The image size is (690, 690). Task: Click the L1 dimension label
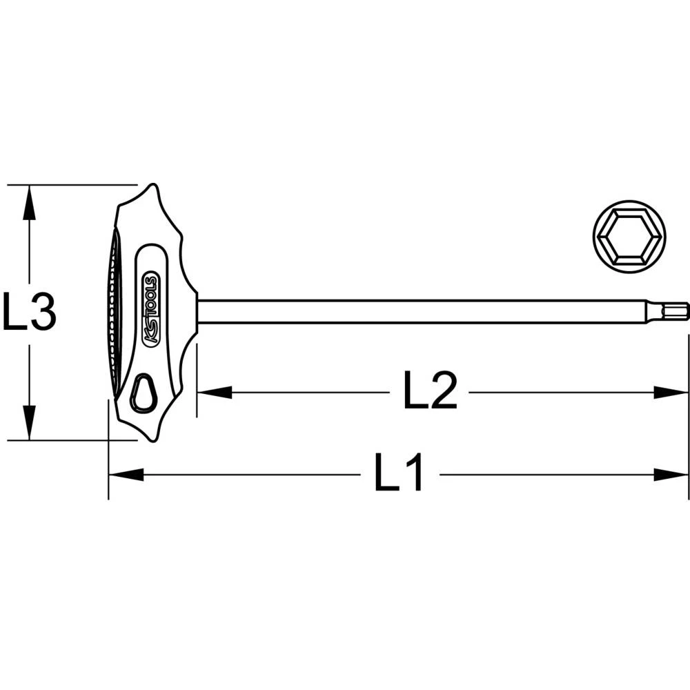399,473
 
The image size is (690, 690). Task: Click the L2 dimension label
429,392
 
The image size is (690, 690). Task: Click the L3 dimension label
28,313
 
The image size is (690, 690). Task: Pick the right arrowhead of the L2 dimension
672,393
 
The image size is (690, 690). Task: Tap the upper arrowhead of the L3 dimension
28,200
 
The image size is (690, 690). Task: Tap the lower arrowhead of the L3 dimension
28,425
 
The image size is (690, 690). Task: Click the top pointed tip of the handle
152,186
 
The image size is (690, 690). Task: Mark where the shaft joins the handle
198,311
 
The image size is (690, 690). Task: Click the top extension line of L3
69,185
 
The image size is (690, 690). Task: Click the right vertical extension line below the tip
689,414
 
